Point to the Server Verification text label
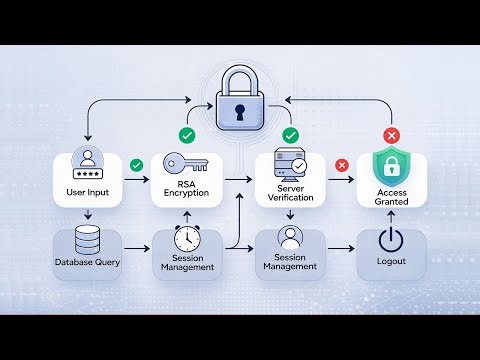coord(291,193)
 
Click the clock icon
coord(186,240)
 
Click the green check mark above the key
coord(187,134)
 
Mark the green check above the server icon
coord(291,134)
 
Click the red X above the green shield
coord(392,134)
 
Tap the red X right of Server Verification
coord(341,165)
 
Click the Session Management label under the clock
coord(186,267)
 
